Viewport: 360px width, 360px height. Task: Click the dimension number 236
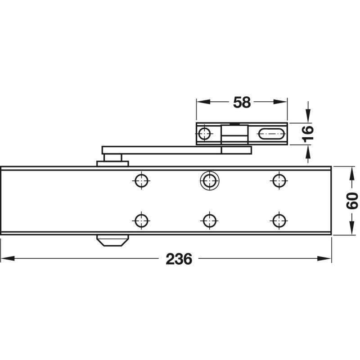coord(179,259)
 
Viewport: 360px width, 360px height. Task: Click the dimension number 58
coord(242,103)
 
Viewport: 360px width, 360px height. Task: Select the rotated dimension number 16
coord(308,134)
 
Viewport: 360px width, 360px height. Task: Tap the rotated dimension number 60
coord(352,201)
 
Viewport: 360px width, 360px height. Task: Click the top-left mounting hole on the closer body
coord(141,180)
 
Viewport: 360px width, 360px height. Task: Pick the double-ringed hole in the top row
coord(209,180)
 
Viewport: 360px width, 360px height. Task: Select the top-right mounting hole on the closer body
coord(279,180)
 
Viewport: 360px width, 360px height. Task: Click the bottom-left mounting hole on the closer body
coord(141,220)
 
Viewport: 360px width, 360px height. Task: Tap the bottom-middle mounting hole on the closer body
coord(209,220)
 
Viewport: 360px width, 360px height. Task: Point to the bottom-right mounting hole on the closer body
coord(279,220)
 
